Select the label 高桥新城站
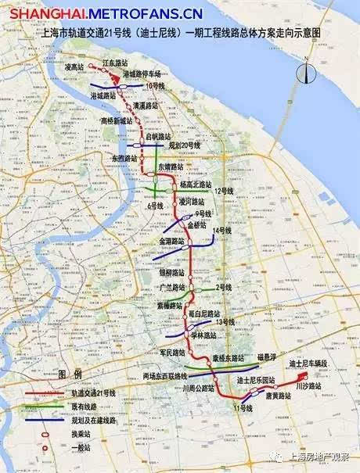(x=118, y=120)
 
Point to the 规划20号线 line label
(x=184, y=145)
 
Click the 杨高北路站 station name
(x=196, y=185)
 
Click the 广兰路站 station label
(x=172, y=287)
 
